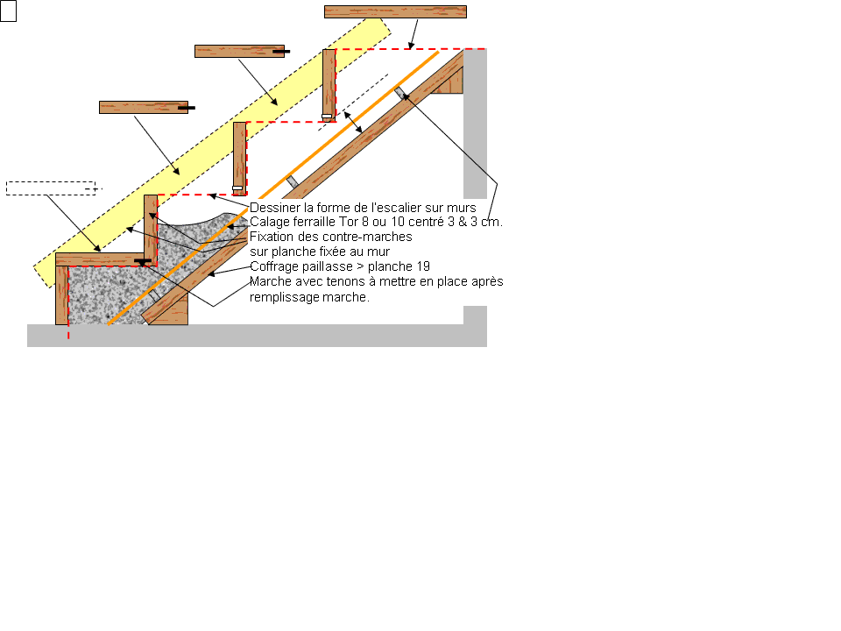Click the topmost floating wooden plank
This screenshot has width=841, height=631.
[x=395, y=11]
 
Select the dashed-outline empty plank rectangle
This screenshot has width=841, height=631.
[x=51, y=188]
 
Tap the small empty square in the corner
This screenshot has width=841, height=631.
[x=8, y=11]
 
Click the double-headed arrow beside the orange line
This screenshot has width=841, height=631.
[x=353, y=123]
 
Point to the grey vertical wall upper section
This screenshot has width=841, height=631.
[x=475, y=124]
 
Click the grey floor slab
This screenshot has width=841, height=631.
[x=257, y=336]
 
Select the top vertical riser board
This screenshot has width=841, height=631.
[x=329, y=86]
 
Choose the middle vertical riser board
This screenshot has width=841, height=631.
[x=240, y=159]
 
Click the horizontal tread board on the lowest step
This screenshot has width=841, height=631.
[x=100, y=259]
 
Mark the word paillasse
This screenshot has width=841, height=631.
[x=327, y=266]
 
